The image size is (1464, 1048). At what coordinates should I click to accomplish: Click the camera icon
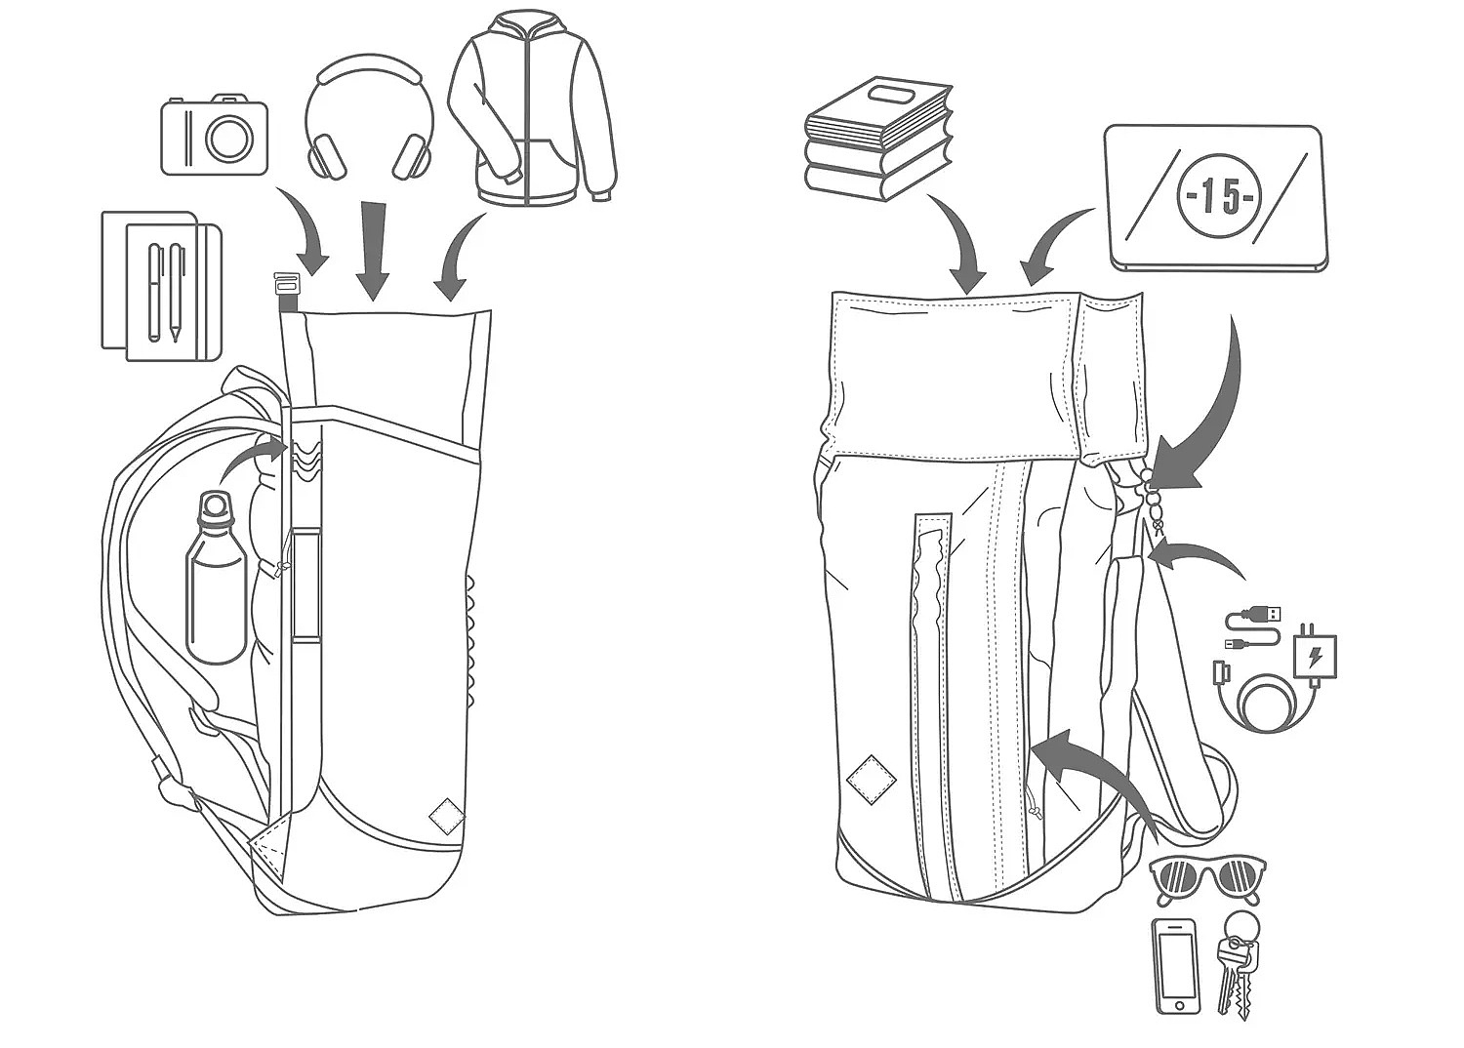pos(215,137)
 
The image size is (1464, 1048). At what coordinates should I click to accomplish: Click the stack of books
pos(877,140)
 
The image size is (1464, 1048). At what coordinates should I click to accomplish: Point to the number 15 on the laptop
pos(1219,195)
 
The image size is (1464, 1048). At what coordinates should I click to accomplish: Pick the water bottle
pos(216,578)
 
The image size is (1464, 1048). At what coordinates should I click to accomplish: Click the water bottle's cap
pos(215,507)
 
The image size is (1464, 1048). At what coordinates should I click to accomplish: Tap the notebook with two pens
pos(162,286)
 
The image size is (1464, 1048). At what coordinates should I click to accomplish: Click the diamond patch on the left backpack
pos(446,816)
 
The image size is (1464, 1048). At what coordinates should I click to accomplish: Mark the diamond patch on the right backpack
pos(872,779)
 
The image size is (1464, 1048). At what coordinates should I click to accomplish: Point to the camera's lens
pos(229,138)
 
